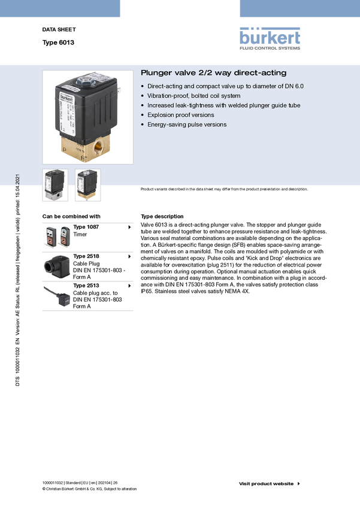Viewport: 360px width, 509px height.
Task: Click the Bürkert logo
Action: (270, 39)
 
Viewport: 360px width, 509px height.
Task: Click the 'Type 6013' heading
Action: (58, 43)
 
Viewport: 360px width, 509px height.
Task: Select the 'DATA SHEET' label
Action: (59, 29)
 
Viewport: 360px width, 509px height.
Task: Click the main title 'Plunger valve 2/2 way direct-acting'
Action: (214, 72)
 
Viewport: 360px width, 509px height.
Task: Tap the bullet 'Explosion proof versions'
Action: (180, 115)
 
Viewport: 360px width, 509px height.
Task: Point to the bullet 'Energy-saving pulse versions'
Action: (187, 125)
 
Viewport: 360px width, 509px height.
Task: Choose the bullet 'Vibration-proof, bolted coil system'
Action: (194, 96)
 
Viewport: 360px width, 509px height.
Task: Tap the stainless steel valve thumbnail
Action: (55, 185)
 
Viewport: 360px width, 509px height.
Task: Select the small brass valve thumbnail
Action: (87, 185)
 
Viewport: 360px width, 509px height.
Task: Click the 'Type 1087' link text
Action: (86, 227)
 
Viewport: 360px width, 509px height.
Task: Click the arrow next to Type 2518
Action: (129, 256)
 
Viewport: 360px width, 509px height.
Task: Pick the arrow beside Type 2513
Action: (129, 286)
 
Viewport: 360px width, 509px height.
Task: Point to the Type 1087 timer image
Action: (57, 237)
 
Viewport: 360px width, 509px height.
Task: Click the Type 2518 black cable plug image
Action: (56, 267)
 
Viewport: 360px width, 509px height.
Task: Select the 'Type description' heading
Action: (162, 217)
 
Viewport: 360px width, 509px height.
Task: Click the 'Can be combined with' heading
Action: (71, 217)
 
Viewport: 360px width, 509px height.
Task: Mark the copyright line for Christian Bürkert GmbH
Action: (90, 489)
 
